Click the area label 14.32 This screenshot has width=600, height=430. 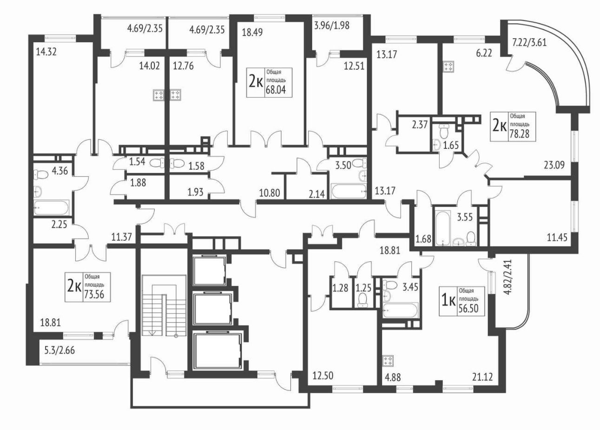(46, 52)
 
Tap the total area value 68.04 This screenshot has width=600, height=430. (276, 90)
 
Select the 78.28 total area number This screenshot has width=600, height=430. (520, 133)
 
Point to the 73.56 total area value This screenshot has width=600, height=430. (94, 295)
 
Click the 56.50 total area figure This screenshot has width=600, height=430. (468, 309)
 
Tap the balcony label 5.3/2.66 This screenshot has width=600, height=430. (59, 350)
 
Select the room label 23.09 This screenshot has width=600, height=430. (554, 165)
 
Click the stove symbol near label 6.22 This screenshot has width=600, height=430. (448, 67)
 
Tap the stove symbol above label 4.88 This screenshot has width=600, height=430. (388, 360)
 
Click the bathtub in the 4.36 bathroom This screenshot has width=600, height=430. (52, 207)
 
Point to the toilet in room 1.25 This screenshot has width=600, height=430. (363, 300)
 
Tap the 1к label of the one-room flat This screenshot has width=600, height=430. (448, 301)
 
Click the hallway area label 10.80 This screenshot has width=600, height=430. (270, 192)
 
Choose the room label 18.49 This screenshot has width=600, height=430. (252, 33)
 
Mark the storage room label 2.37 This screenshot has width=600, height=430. (420, 125)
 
